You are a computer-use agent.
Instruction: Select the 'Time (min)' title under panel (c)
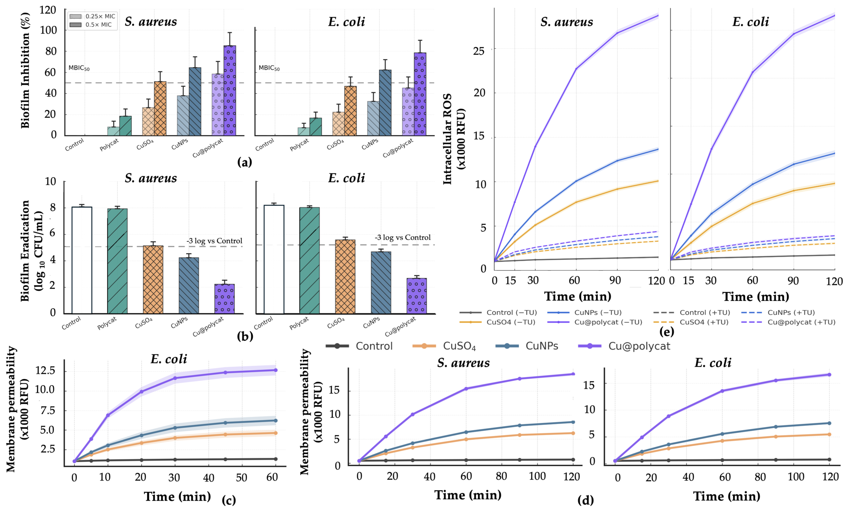pos(177,496)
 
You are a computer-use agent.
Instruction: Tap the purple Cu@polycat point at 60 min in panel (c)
pos(276,370)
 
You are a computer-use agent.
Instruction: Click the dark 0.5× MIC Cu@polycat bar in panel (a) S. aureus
pos(230,91)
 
